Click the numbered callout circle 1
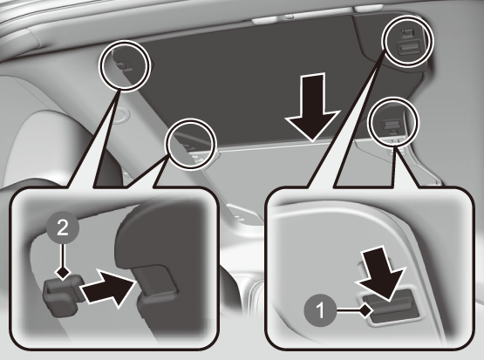click(320, 309)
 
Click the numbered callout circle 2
click(63, 228)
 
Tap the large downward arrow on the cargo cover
click(312, 107)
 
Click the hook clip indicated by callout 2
click(62, 295)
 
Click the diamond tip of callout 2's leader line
click(63, 273)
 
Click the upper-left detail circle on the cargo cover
click(125, 65)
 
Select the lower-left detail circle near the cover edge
click(191, 144)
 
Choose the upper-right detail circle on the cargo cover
click(407, 41)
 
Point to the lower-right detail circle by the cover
click(393, 122)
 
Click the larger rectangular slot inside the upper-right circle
click(406, 49)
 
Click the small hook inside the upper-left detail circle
click(124, 65)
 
